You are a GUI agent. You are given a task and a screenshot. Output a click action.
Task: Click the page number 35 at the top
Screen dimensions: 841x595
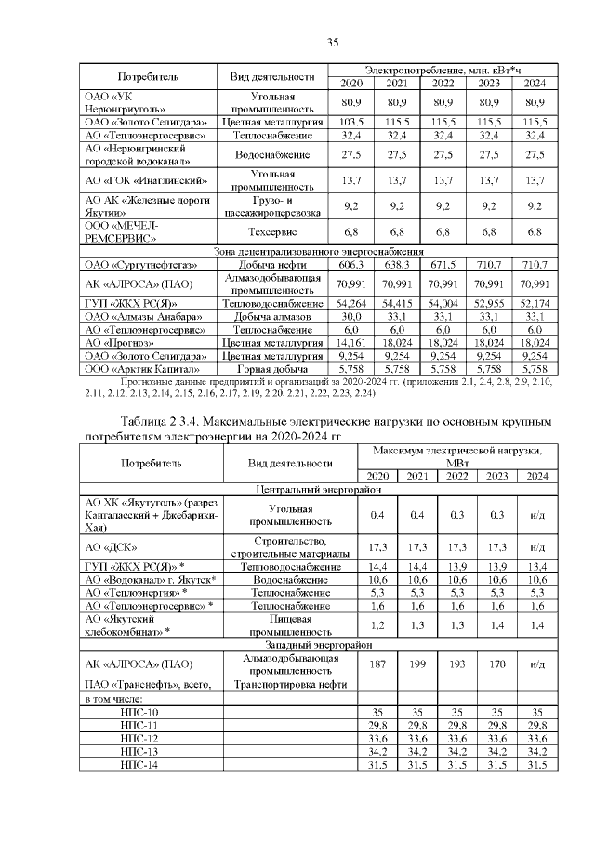pyautogui.click(x=332, y=42)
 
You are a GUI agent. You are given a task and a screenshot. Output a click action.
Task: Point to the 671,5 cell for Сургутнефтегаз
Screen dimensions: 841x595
pyautogui.click(x=443, y=265)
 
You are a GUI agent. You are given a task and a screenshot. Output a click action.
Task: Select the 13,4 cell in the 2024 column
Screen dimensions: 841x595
pyautogui.click(x=536, y=566)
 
